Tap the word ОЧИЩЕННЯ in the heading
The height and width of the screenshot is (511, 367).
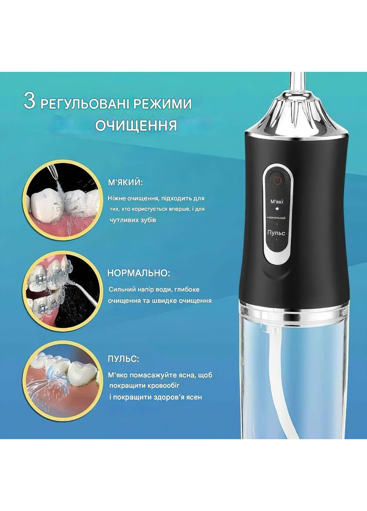(136, 126)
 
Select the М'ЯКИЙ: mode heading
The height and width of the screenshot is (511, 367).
(125, 183)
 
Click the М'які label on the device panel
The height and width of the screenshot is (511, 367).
(277, 202)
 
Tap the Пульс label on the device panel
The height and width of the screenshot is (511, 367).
(276, 233)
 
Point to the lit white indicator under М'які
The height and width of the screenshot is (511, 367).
(277, 209)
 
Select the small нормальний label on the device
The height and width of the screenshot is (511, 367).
(276, 218)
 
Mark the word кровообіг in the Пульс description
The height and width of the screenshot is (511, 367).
(160, 385)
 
